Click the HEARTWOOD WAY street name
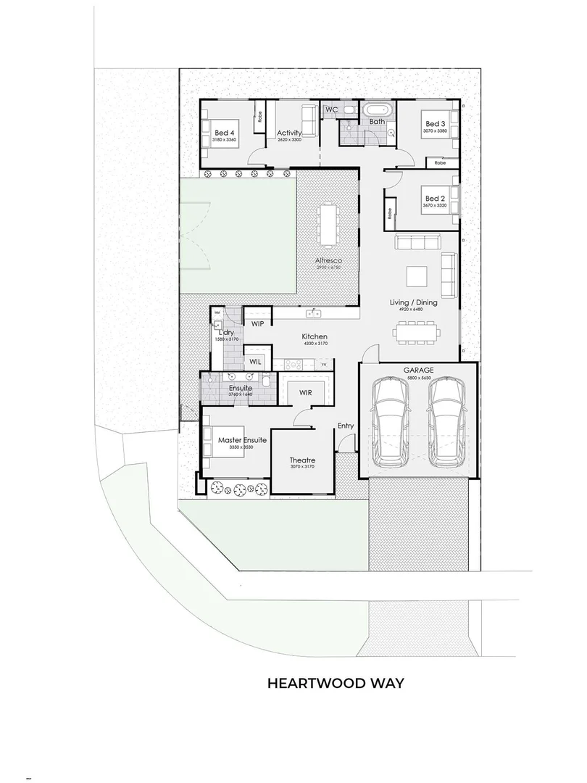tap(336, 683)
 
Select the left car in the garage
tap(391, 423)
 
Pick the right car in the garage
tap(445, 423)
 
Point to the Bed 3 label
tap(436, 123)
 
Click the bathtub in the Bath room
tap(378, 110)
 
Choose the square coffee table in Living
tap(416, 277)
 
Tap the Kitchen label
tap(315, 336)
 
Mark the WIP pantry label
tap(257, 324)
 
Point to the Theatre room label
tap(302, 460)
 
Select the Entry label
tap(346, 426)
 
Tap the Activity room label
tap(289, 133)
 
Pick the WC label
tap(331, 109)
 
